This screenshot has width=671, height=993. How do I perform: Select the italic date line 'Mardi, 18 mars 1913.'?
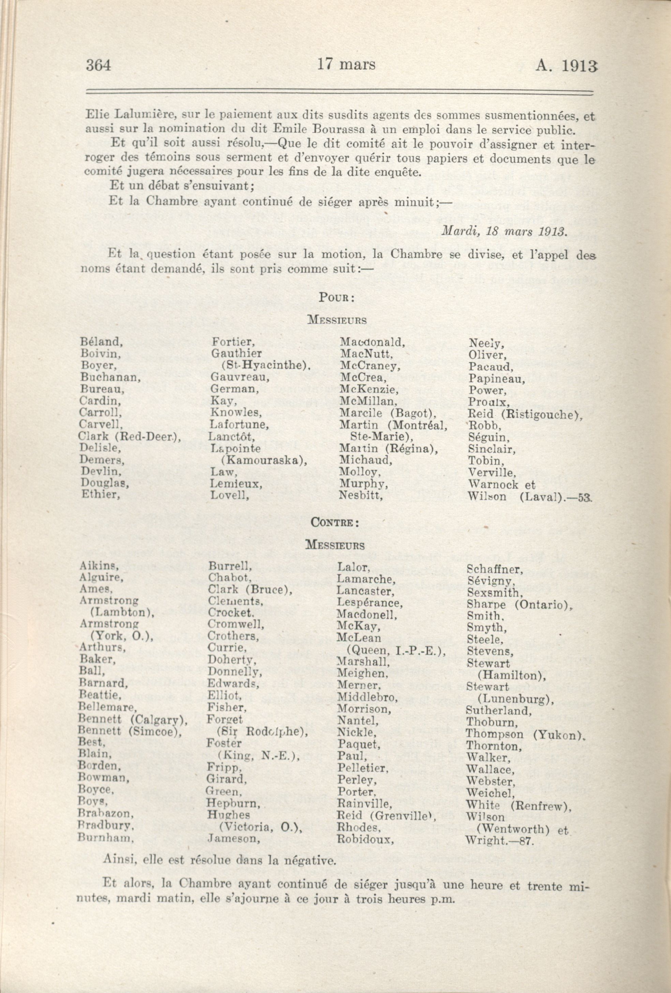[x=504, y=231]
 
